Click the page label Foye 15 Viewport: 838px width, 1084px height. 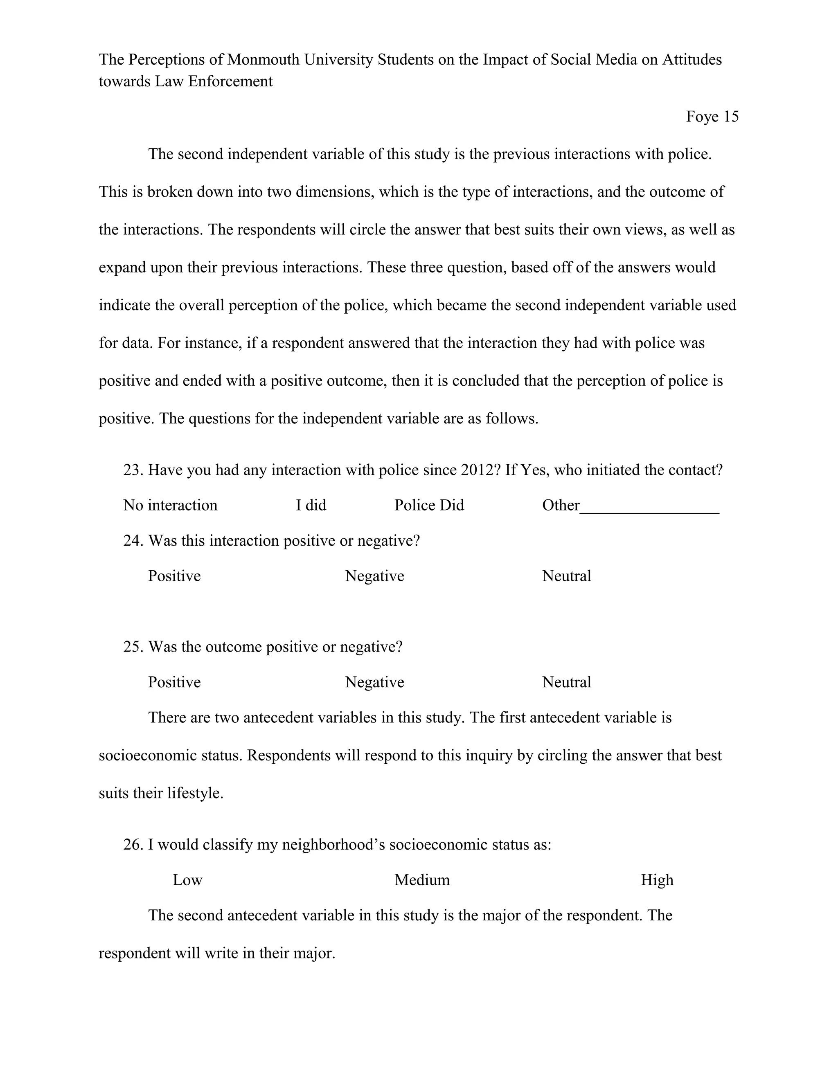[x=712, y=117]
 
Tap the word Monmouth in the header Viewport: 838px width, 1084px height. [x=263, y=60]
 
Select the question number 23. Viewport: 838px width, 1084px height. [x=133, y=470]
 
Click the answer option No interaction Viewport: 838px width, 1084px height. [x=170, y=505]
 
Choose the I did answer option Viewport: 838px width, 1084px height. [x=311, y=505]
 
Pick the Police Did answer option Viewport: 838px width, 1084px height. [x=429, y=505]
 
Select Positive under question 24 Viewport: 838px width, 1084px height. [x=174, y=576]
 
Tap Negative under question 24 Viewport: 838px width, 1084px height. [x=374, y=576]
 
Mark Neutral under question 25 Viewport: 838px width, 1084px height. [x=566, y=682]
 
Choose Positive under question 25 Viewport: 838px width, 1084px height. [x=174, y=682]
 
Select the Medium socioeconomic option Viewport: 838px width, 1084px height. [x=422, y=880]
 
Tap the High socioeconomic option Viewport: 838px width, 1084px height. [x=657, y=880]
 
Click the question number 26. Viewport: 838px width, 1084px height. [x=133, y=844]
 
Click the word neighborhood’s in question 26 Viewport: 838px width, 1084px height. [x=333, y=844]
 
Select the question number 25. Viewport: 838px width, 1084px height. [x=133, y=647]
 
